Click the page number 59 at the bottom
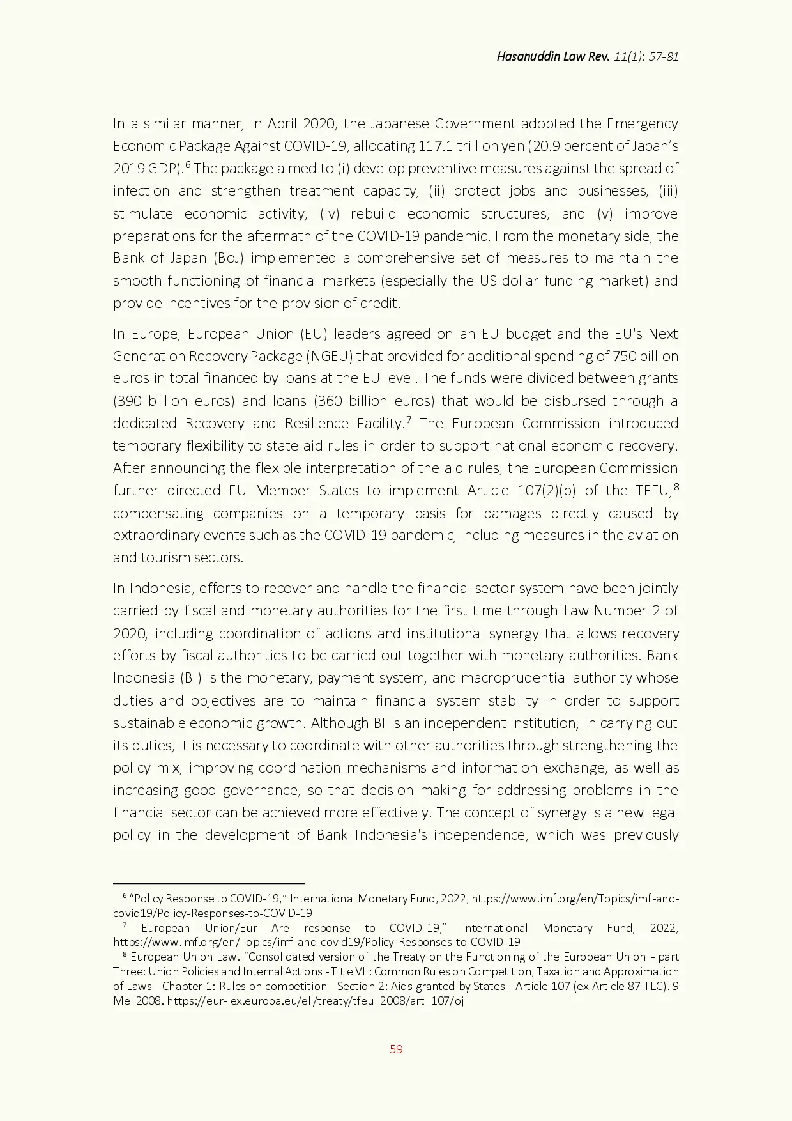pos(396,1049)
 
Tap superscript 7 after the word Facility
pos(408,420)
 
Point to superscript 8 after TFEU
pos(676,487)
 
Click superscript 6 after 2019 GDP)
pos(188,165)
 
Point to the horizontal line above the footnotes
pos(209,883)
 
